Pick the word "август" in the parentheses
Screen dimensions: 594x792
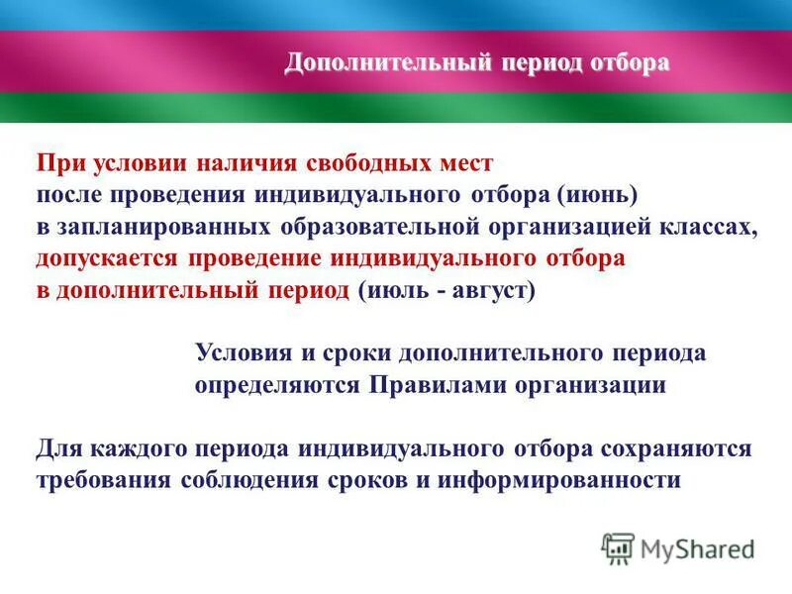pyautogui.click(x=490, y=292)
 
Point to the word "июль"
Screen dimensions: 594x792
pyautogui.click(x=392, y=292)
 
